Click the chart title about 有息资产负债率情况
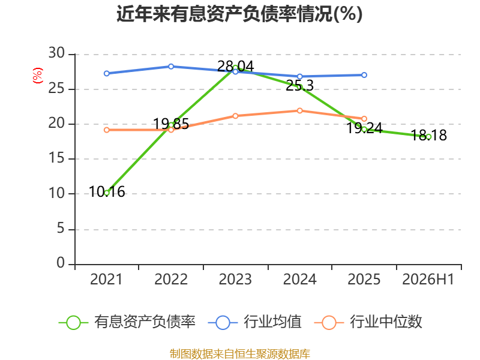[x=239, y=14]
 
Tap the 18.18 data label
[x=428, y=136]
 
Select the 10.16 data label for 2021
[x=107, y=192]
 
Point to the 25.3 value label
[x=299, y=86]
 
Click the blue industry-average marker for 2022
[x=171, y=67]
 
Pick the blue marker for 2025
[x=364, y=75]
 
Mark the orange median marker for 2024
[x=299, y=110]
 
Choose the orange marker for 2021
[x=107, y=130]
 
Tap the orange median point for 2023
[x=235, y=116]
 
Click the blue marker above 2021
[x=107, y=73]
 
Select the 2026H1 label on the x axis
[x=428, y=280]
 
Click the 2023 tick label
[x=235, y=280]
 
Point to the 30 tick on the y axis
[x=56, y=53]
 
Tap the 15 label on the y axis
[x=56, y=158]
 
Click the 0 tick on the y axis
[x=61, y=263]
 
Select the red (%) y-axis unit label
[x=38, y=76]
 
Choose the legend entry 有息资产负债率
[x=127, y=322]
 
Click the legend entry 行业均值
[x=254, y=322]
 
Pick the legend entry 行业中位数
[x=368, y=322]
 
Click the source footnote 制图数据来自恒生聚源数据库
[x=240, y=354]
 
